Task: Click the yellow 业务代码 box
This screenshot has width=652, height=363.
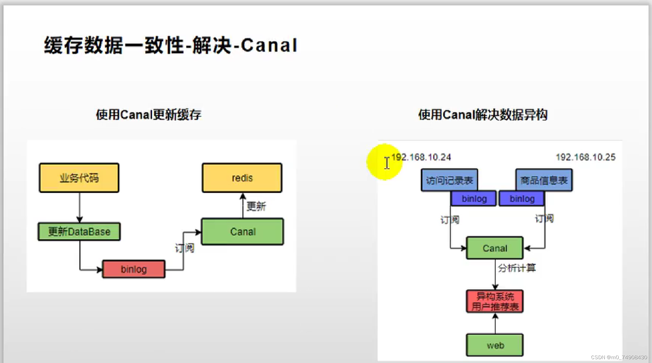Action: [79, 178]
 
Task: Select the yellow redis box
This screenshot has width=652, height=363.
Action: [242, 178]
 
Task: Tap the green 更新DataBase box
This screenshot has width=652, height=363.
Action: [79, 231]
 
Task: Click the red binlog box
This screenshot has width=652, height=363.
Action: [134, 269]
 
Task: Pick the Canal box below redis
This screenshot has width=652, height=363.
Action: [243, 232]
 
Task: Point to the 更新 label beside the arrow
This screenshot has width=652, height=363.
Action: [256, 207]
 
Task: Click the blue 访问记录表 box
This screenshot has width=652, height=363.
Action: [449, 180]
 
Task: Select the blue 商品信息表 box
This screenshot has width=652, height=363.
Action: [544, 180]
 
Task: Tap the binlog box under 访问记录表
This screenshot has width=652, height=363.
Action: [474, 199]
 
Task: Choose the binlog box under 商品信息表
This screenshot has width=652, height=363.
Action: [522, 199]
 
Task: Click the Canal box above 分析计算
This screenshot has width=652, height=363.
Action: [495, 248]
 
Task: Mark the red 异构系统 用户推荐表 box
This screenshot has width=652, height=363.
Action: [495, 301]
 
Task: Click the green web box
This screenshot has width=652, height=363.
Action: [495, 345]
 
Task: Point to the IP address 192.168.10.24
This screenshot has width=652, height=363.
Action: [421, 157]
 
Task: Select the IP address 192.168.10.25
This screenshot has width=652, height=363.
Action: [585, 157]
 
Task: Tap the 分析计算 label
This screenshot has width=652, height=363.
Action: [517, 268]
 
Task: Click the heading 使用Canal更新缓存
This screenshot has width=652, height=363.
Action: [149, 115]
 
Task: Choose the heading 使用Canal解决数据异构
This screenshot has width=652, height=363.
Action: [483, 115]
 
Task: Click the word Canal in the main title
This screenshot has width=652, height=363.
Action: [269, 45]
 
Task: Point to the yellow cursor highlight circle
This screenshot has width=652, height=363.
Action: [385, 162]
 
